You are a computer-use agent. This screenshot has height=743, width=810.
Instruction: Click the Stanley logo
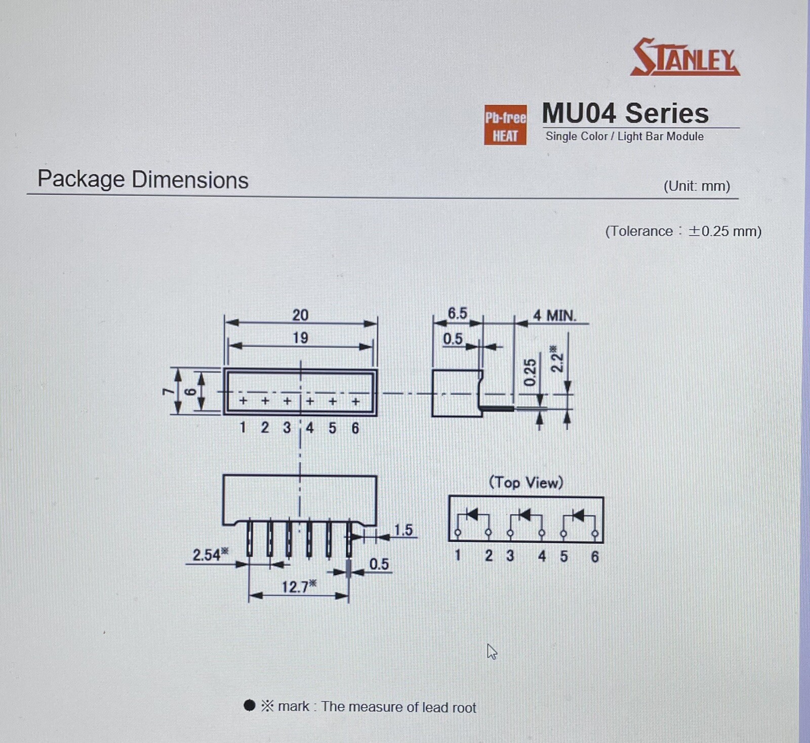point(685,57)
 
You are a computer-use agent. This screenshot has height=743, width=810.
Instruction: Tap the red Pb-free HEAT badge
point(505,125)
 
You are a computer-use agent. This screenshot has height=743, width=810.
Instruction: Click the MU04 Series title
point(625,113)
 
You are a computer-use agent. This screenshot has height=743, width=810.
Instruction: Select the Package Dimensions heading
point(143,180)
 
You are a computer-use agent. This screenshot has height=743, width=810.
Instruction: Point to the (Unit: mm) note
point(697,186)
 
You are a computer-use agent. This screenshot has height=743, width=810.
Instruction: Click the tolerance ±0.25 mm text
point(683,231)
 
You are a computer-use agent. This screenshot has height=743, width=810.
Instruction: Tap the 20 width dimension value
point(300,315)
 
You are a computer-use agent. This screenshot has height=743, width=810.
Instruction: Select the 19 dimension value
point(300,338)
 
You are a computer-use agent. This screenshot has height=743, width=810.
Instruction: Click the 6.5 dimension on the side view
point(457,313)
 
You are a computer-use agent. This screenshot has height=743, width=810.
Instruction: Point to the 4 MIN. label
point(555,316)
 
